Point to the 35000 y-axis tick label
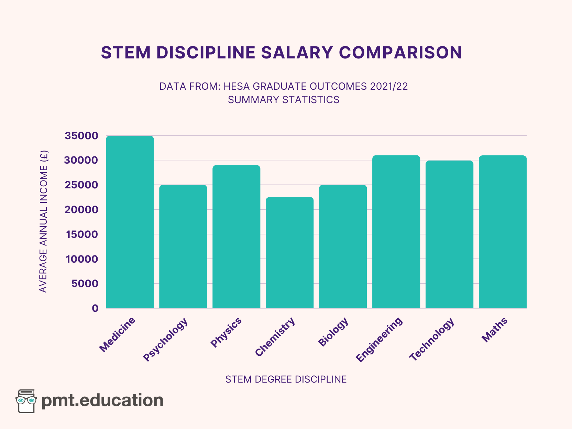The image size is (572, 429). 81,136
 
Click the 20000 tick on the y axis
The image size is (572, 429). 81,210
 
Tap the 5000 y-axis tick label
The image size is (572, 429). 85,284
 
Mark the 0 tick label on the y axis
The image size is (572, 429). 95,308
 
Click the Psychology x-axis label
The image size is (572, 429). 166,340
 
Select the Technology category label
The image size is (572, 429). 432,339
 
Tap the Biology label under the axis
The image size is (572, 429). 333,332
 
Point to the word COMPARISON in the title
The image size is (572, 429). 400,53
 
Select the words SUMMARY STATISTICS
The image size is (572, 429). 284,100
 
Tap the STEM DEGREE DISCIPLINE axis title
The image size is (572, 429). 286,379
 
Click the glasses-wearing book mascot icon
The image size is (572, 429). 26,401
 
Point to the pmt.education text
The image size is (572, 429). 102,401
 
